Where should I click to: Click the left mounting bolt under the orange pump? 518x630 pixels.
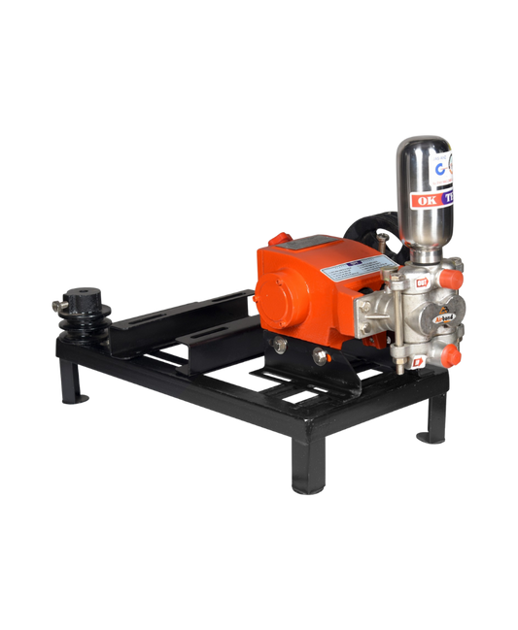tap(280, 346)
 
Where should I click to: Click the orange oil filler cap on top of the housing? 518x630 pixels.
tap(277, 239)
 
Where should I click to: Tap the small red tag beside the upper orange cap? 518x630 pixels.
tap(397, 282)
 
